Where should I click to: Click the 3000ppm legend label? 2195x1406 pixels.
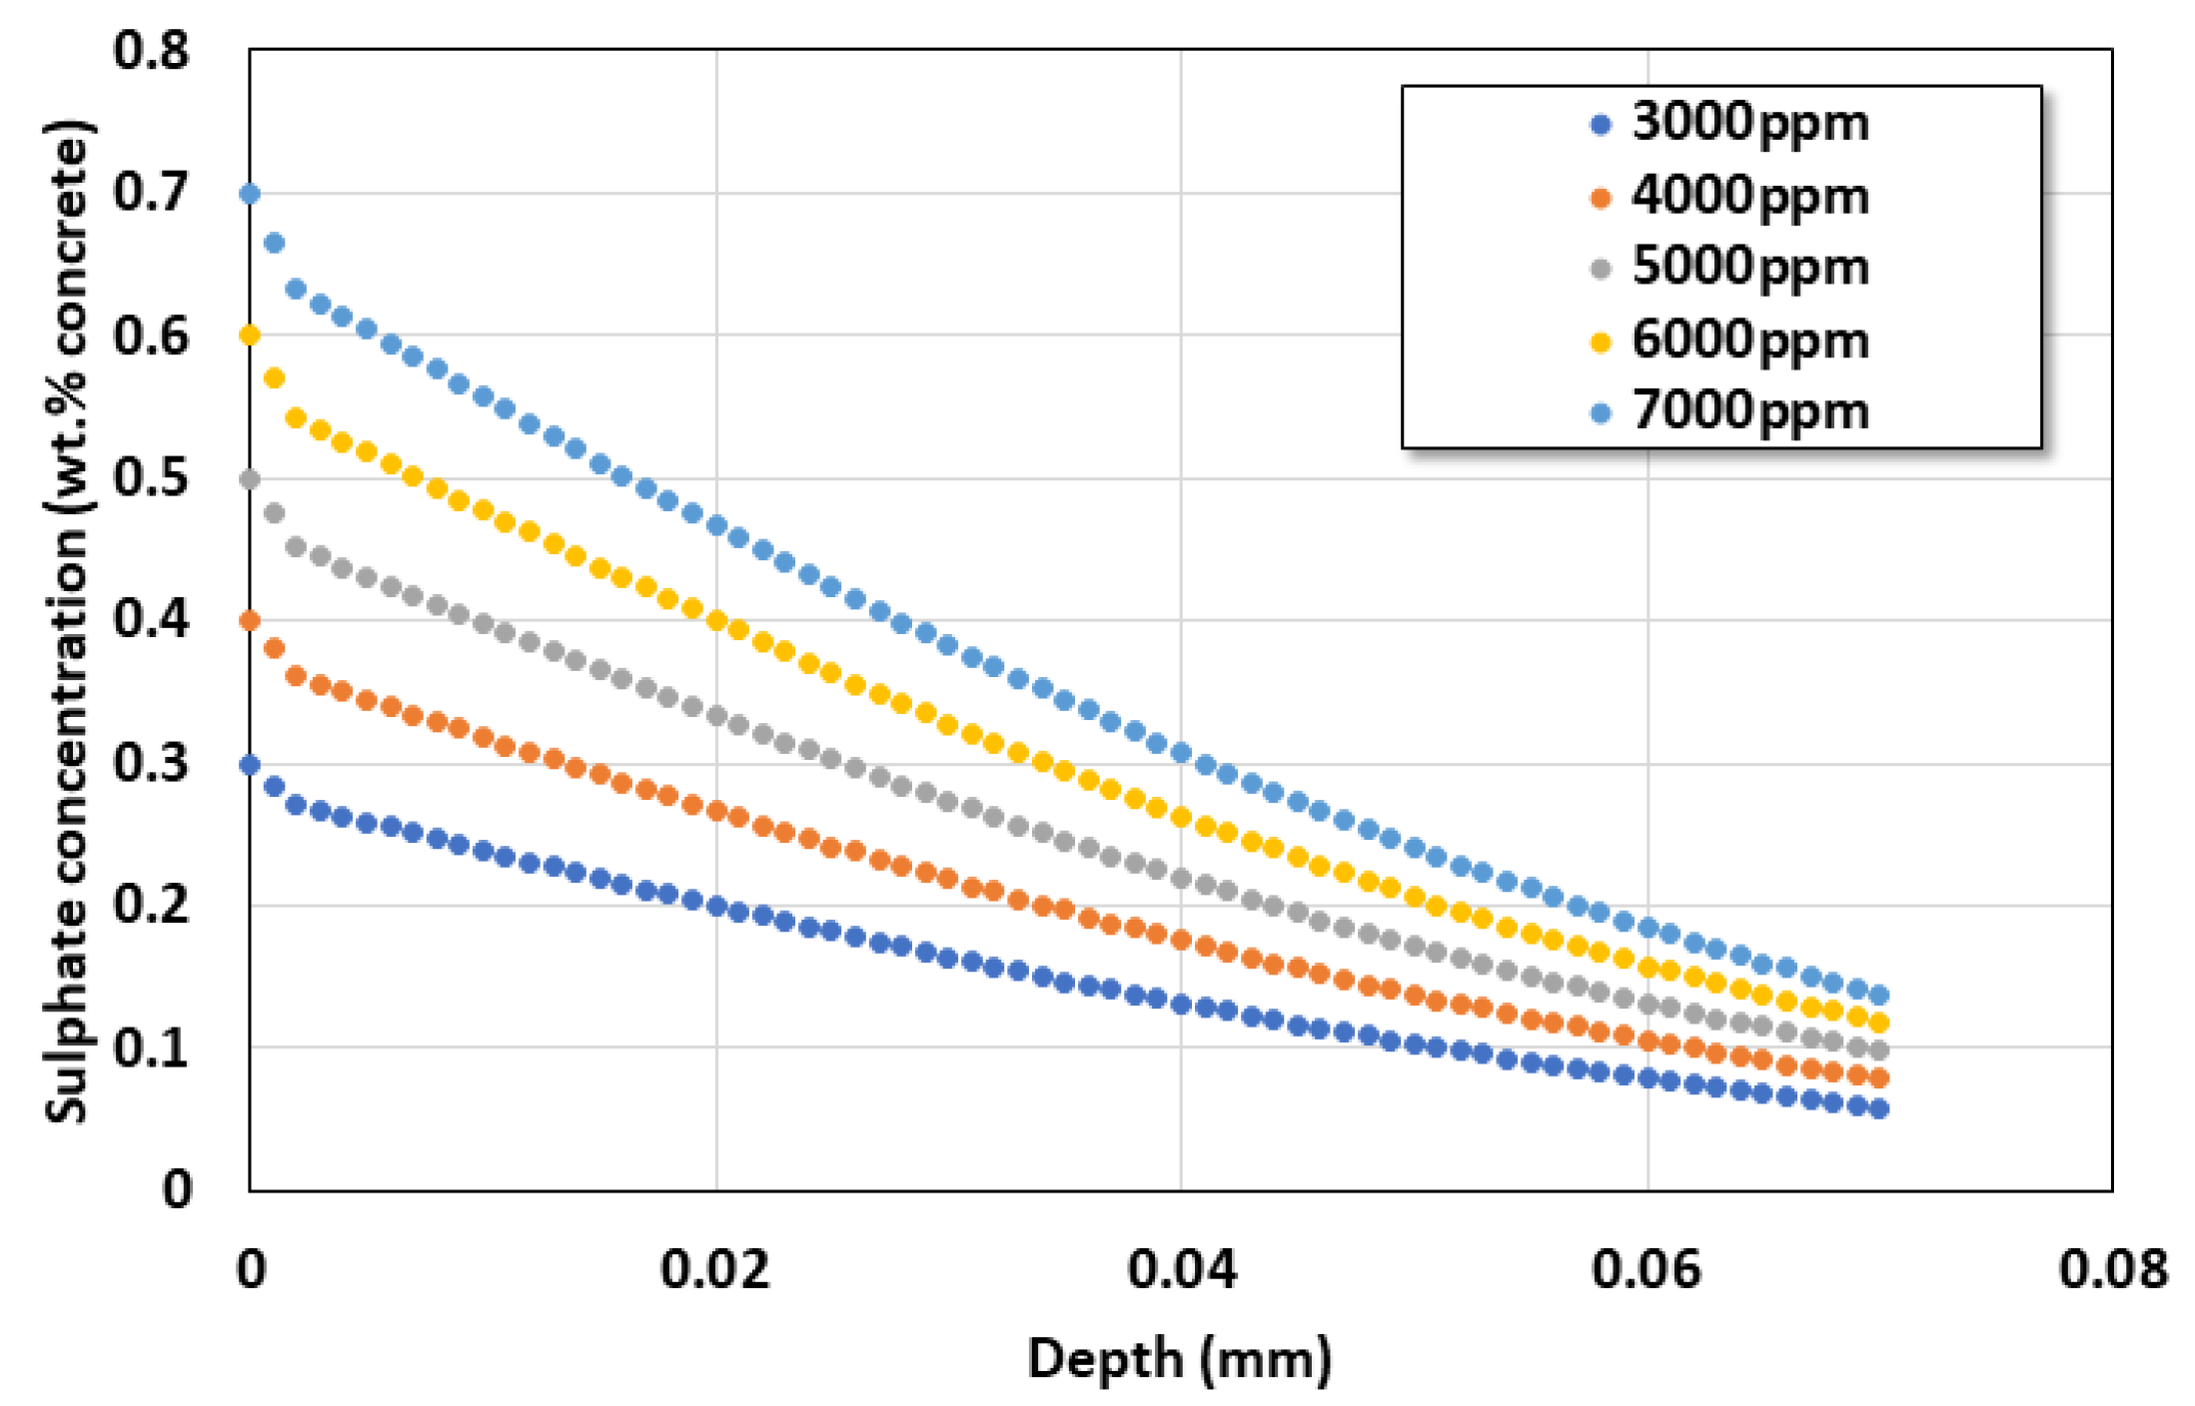(x=1749, y=124)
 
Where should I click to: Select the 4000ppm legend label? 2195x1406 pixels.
(x=1749, y=197)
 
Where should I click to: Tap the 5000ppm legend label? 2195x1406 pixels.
(x=1749, y=268)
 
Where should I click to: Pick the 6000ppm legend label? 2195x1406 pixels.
(x=1749, y=342)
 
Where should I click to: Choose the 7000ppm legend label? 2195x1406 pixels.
(x=1749, y=412)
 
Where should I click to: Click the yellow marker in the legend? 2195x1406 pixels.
(x=1601, y=343)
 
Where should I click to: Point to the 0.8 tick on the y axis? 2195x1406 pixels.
(x=151, y=51)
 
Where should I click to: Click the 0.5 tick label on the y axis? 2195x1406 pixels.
(x=151, y=478)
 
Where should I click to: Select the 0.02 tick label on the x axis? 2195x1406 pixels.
(x=715, y=1270)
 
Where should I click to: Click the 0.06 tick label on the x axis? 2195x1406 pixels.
(x=1646, y=1270)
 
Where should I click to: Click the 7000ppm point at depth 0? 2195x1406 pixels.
(x=250, y=194)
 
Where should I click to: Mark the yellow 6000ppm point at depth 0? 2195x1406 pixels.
(x=250, y=336)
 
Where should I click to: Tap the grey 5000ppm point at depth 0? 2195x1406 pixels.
(x=250, y=479)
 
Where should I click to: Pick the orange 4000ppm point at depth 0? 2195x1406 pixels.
(x=250, y=621)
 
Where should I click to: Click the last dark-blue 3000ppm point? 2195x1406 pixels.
(x=1878, y=1108)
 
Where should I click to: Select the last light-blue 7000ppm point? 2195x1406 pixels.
(x=1878, y=995)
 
